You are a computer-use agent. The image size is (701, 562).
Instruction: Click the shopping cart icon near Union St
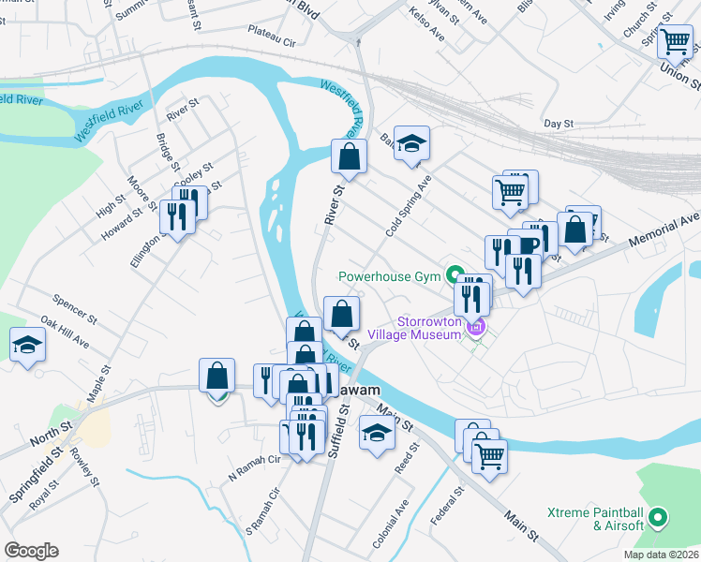tap(675, 42)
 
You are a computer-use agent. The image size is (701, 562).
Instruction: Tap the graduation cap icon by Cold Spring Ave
tap(411, 144)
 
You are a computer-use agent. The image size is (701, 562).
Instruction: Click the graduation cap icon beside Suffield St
tap(377, 433)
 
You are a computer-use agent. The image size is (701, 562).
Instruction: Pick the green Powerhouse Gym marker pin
tap(455, 274)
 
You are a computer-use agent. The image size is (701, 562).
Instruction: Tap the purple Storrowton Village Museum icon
tap(477, 326)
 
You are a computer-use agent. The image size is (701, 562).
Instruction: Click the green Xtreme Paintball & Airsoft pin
tap(657, 517)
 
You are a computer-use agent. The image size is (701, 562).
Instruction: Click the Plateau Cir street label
tap(271, 43)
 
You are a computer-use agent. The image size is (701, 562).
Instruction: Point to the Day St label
tap(559, 124)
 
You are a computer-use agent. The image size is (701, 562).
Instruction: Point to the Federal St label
tap(452, 505)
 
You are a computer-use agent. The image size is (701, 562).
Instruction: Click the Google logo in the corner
tap(30, 551)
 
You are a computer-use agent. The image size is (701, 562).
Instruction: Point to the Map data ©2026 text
tap(660, 555)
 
